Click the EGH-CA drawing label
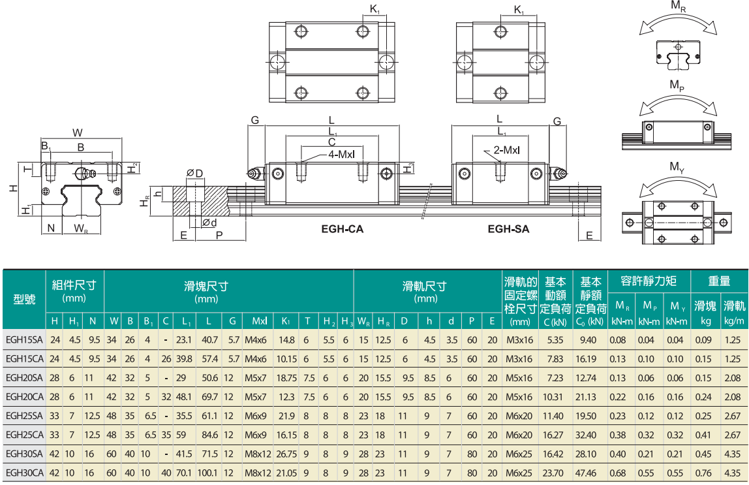tap(342, 229)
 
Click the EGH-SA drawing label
tap(508, 229)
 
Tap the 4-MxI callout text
tap(341, 154)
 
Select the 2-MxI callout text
tap(506, 150)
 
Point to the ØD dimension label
tap(194, 174)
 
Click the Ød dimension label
tap(209, 222)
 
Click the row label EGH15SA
tap(24, 339)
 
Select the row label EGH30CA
tap(24, 473)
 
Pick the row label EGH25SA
tap(24, 416)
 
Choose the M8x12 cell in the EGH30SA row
tap(258, 454)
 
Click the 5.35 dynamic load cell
tap(555, 339)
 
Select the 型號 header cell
tap(24, 299)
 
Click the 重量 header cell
tap(720, 281)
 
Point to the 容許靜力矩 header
tap(649, 281)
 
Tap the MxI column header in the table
tap(260, 321)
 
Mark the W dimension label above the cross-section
tap(78, 133)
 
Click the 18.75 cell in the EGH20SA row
tap(286, 378)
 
